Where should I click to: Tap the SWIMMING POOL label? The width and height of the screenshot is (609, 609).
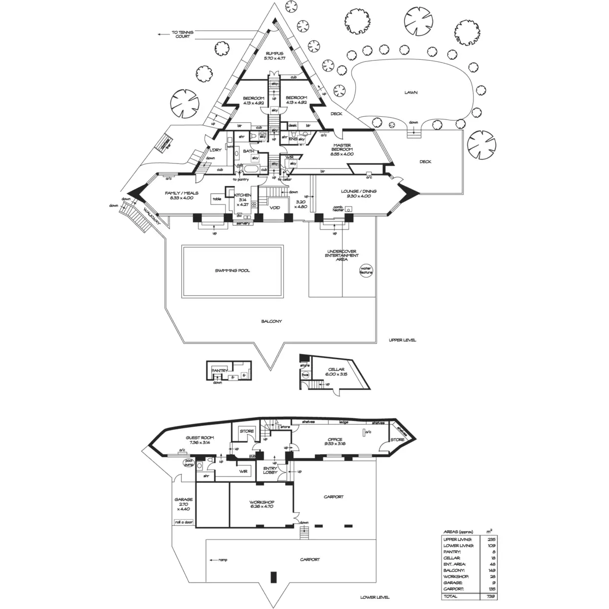[232, 270]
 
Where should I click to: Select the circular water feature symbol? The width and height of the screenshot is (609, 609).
[366, 270]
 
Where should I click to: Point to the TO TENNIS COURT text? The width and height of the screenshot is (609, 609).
[182, 35]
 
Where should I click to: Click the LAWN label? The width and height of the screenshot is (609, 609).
[411, 93]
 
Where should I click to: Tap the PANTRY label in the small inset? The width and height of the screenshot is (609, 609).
[219, 371]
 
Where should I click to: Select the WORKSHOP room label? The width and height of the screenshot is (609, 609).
[261, 503]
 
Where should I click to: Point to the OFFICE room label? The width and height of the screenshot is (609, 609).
[335, 439]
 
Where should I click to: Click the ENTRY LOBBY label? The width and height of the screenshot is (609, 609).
[269, 470]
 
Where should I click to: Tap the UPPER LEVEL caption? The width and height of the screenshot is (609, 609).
[402, 340]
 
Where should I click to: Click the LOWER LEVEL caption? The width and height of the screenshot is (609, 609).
[375, 597]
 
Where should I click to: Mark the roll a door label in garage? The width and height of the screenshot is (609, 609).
[183, 522]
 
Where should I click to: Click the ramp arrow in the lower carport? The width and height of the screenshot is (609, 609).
[213, 560]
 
